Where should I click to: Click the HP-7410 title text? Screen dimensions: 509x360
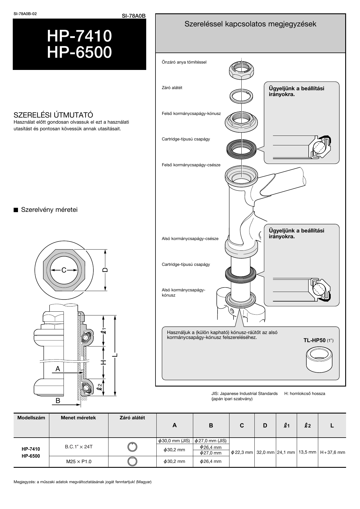point(79,36)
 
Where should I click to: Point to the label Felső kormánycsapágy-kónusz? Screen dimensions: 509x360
point(191,113)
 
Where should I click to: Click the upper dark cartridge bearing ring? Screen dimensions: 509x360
point(241,149)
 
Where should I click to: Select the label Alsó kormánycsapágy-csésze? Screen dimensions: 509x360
point(190,239)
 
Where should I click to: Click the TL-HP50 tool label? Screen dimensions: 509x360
point(314,340)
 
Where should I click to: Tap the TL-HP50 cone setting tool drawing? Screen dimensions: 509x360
point(319,360)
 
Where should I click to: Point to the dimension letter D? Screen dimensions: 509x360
point(105,270)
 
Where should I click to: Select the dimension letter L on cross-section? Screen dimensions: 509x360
point(115,355)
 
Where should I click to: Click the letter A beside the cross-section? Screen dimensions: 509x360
point(58,369)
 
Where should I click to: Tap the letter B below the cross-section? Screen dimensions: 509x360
point(58,401)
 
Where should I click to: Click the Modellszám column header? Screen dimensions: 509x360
point(31,418)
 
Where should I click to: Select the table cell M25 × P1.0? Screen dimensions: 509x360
point(79,461)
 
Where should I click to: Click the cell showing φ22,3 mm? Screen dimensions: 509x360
point(242,452)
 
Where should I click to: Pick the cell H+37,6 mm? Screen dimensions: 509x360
point(332,452)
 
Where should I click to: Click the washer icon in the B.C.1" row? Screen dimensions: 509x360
point(132,447)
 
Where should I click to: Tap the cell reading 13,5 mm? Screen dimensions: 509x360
point(307,452)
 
